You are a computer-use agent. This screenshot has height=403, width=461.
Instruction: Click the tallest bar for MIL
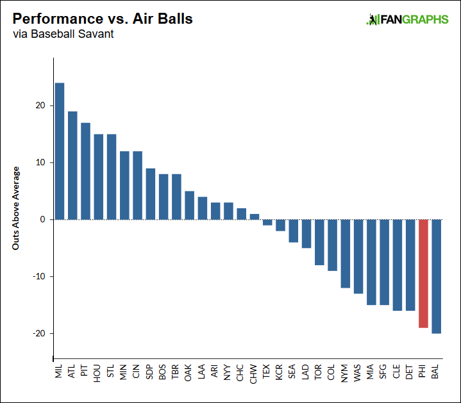(x=60, y=151)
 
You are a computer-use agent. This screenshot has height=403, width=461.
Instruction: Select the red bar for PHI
(x=423, y=274)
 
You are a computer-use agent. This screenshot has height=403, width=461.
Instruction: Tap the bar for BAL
(x=436, y=276)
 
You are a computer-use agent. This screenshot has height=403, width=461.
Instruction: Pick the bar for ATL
(x=72, y=165)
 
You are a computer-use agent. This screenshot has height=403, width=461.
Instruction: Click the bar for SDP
(x=151, y=193)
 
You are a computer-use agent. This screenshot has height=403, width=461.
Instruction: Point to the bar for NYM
(x=345, y=254)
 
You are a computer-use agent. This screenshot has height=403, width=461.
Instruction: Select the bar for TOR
(x=319, y=242)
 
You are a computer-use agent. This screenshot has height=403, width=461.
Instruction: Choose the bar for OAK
(x=189, y=205)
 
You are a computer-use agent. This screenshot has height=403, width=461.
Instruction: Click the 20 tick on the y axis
(x=40, y=106)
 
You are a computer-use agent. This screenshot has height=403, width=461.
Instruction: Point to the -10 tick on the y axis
(x=38, y=277)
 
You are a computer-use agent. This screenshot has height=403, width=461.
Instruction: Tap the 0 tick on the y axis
(x=42, y=220)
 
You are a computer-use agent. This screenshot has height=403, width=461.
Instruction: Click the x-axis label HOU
(x=98, y=374)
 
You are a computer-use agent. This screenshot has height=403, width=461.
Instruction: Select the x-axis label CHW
(x=254, y=374)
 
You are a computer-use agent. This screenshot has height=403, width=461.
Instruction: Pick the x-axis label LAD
(x=306, y=374)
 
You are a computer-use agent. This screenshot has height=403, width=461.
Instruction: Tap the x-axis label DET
(x=410, y=374)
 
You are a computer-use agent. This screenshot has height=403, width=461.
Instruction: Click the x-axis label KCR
(x=280, y=374)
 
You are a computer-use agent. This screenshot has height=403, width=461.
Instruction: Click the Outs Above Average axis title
(x=17, y=208)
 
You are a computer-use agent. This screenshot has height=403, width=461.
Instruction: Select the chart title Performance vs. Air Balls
(x=103, y=19)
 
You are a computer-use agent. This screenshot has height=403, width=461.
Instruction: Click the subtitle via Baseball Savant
(x=63, y=34)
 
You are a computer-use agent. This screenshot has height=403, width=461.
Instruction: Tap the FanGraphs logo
(x=407, y=20)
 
